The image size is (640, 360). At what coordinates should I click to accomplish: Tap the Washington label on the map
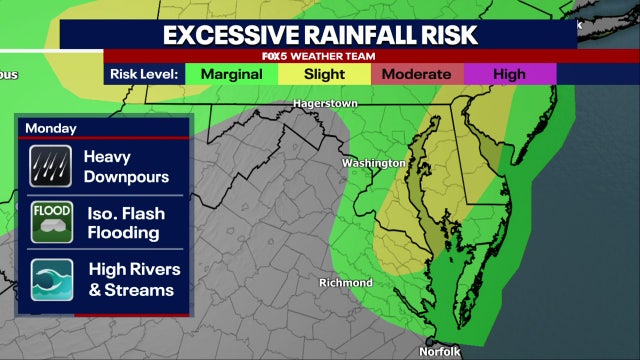pyautogui.click(x=373, y=163)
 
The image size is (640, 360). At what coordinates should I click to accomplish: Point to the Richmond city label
pyautogui.click(x=345, y=283)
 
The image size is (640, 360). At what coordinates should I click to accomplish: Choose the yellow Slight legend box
pyautogui.click(x=324, y=74)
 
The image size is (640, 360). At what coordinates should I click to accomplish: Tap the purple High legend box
pyautogui.click(x=509, y=74)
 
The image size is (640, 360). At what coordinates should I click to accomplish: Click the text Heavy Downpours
pyautogui.click(x=126, y=167)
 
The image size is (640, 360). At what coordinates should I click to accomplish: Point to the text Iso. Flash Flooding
pyautogui.click(x=124, y=223)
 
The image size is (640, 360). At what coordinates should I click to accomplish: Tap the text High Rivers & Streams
pyautogui.click(x=129, y=280)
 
